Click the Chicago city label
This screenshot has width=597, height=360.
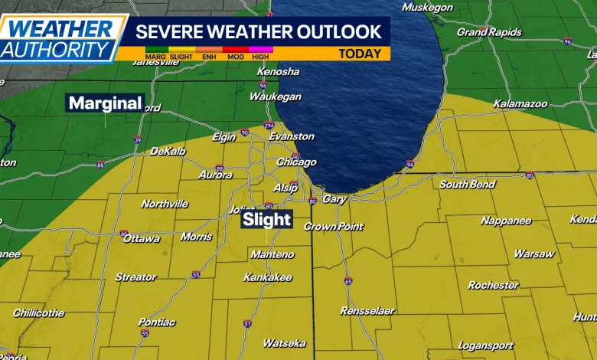[x=296, y=162]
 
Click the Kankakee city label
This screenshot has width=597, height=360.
[x=268, y=277]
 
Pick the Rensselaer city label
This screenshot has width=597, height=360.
[x=368, y=311]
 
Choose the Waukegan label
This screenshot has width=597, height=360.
[x=275, y=97]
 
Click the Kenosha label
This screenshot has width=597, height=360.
[x=279, y=71]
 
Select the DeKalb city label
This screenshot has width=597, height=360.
[x=168, y=152]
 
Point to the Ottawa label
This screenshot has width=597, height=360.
[x=142, y=238]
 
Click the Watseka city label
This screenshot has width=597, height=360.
[x=284, y=343]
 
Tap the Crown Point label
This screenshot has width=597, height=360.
[x=331, y=227]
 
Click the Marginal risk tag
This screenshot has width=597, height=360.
[x=105, y=103]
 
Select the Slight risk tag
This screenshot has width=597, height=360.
[x=266, y=220]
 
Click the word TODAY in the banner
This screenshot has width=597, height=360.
[x=360, y=54]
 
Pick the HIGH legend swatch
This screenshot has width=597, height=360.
[x=262, y=50]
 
